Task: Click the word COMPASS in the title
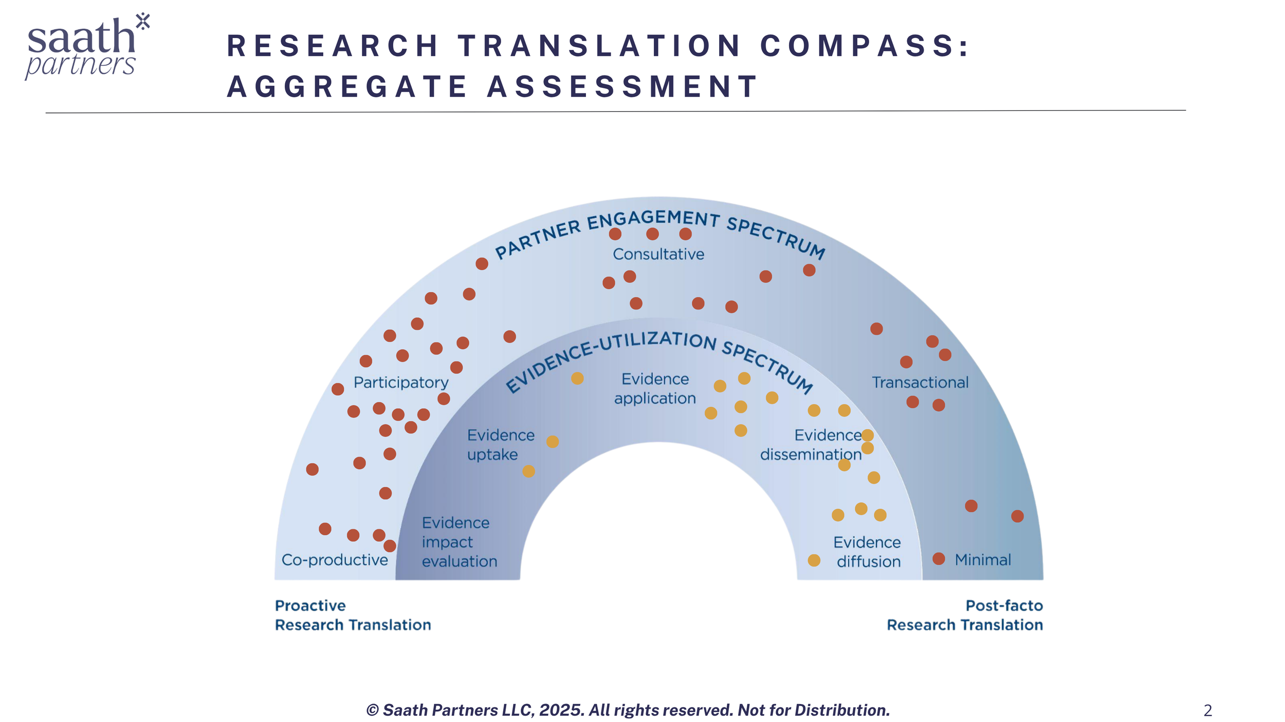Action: (x=864, y=46)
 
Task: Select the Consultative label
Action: (x=658, y=254)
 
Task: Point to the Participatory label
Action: (x=401, y=383)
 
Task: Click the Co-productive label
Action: (x=335, y=560)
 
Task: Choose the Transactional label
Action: (x=920, y=383)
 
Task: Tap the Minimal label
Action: (x=982, y=560)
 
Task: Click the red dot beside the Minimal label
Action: (x=939, y=559)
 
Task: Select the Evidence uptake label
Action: (x=500, y=445)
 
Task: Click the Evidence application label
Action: (x=655, y=389)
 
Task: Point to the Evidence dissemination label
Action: (x=811, y=445)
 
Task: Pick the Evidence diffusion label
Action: (x=868, y=552)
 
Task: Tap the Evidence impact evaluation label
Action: (x=459, y=542)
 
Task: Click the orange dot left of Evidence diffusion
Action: (x=814, y=560)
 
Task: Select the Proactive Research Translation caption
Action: (x=353, y=615)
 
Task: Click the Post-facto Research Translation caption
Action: (x=965, y=615)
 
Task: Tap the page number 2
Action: (x=1207, y=711)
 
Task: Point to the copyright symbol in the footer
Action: (x=372, y=711)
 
